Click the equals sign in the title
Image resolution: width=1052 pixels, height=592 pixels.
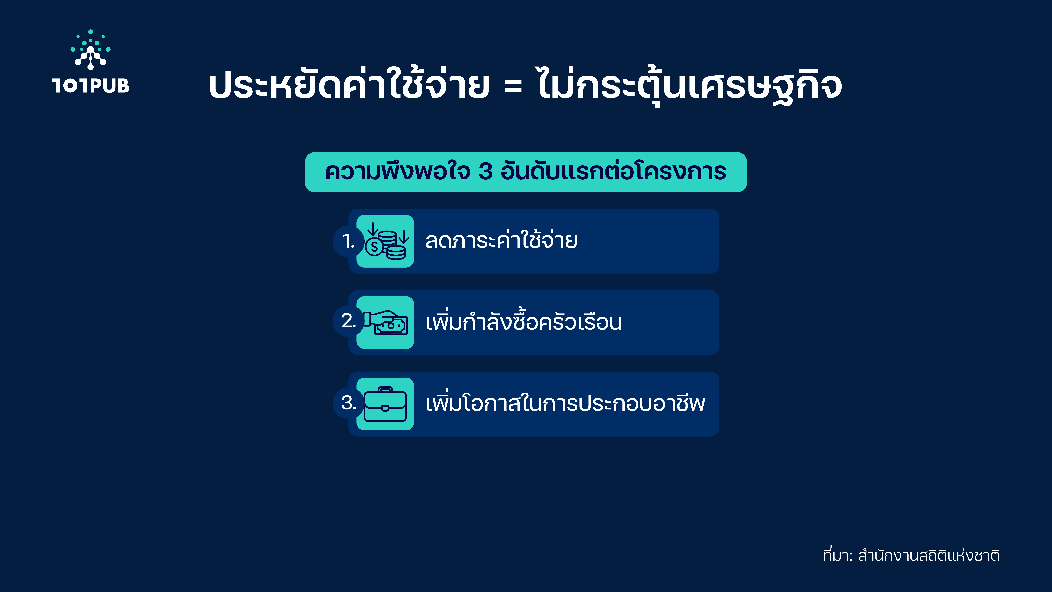click(513, 86)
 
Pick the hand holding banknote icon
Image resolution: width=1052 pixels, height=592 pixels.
click(386, 323)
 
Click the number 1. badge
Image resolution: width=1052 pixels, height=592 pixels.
click(348, 241)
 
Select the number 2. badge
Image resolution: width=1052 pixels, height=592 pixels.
click(348, 321)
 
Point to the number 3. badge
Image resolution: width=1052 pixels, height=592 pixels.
click(348, 403)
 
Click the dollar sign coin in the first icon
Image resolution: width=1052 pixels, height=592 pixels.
click(374, 247)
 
